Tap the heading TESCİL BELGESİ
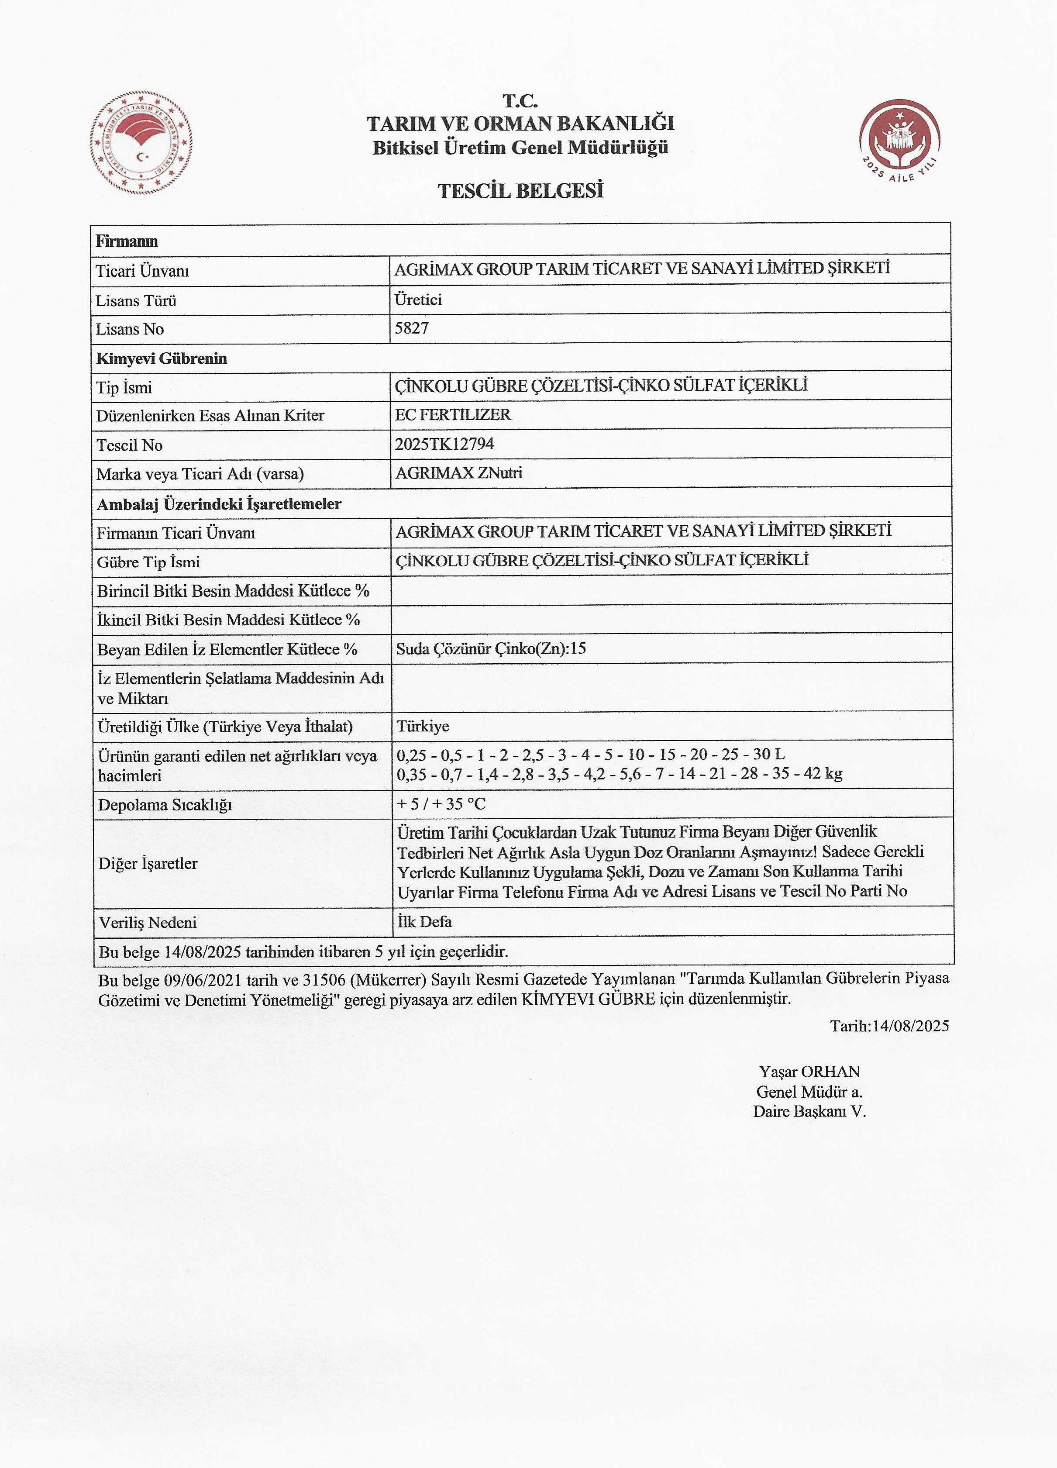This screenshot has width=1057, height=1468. click(x=520, y=191)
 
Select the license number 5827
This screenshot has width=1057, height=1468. click(x=412, y=328)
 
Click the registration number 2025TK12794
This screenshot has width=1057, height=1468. click(x=445, y=444)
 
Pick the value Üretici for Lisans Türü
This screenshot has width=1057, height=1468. click(x=418, y=300)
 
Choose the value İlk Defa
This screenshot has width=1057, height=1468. click(x=425, y=922)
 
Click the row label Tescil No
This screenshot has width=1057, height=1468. click(x=130, y=445)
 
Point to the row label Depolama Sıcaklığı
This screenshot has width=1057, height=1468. click(x=165, y=805)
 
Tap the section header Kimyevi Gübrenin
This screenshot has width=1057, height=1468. click(x=161, y=358)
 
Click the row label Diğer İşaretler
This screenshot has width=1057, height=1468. click(x=148, y=863)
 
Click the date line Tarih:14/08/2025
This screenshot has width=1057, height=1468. click(x=889, y=1025)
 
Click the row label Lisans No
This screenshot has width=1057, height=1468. click(x=130, y=330)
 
